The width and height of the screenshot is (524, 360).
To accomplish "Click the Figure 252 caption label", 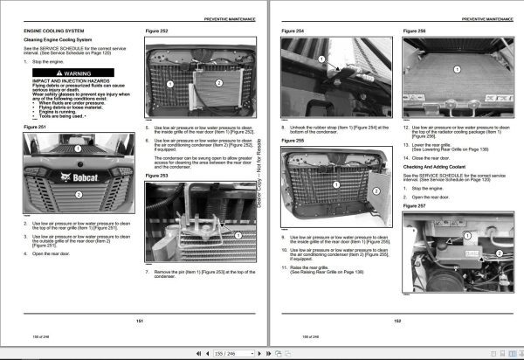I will pyautogui.click(x=156, y=31).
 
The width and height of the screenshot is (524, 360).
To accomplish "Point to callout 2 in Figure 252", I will pyautogui.click(x=203, y=77).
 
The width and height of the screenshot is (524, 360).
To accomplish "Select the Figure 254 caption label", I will pyautogui.click(x=293, y=31).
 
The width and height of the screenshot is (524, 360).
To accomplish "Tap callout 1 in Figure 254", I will pyautogui.click(x=320, y=61).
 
